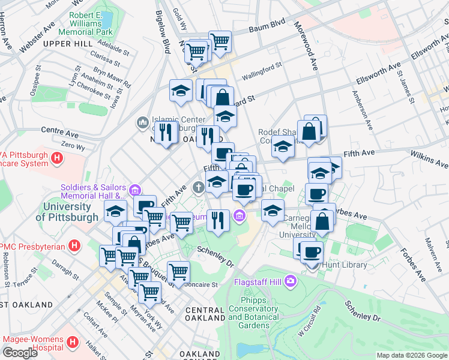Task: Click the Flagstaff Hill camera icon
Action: (291, 280)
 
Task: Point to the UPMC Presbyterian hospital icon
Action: (74, 245)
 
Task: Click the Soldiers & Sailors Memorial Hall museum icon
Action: (135, 191)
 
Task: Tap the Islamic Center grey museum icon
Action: (142, 123)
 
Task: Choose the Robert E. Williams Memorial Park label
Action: (91, 23)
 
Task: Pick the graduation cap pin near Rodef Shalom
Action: (282, 146)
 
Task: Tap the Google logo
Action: (20, 353)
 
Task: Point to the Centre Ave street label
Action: (60, 130)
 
